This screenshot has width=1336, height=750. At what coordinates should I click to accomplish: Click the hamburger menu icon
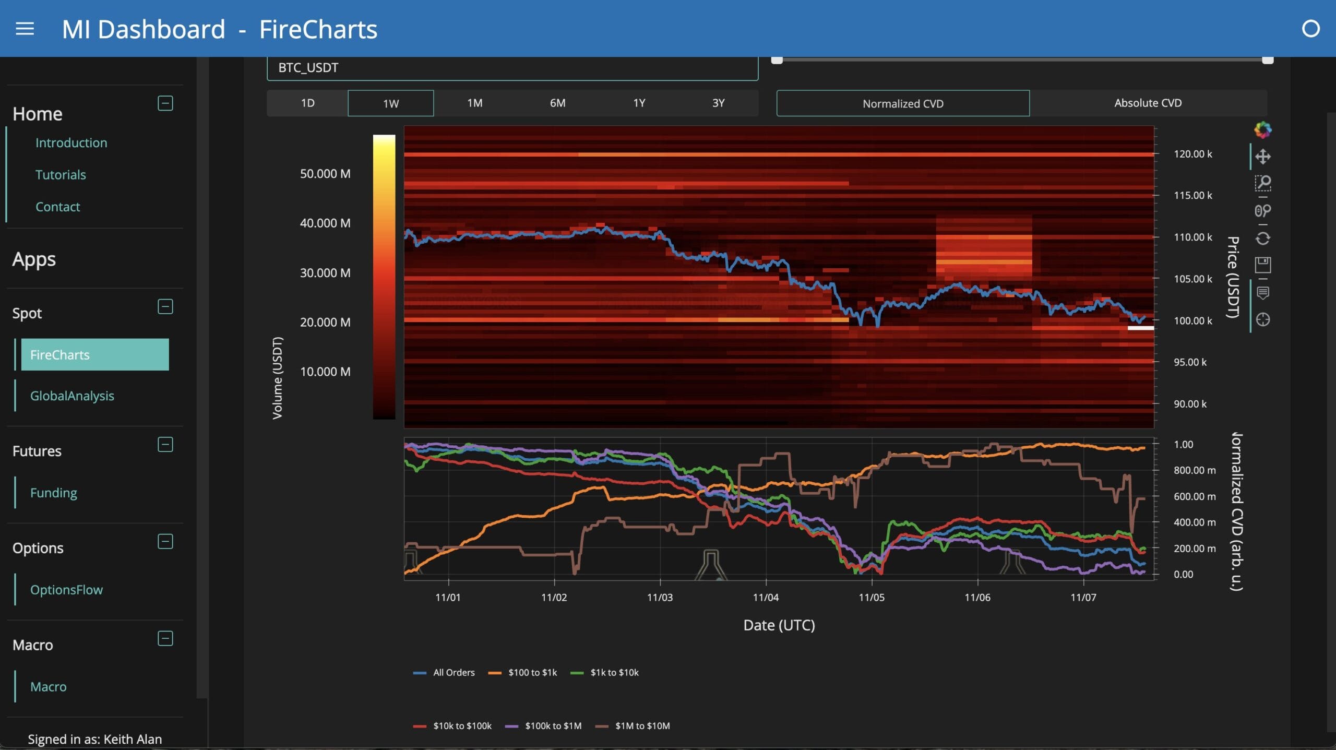25,29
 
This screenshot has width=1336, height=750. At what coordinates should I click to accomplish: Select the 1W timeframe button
390,103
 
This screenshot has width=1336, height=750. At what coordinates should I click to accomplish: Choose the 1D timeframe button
307,103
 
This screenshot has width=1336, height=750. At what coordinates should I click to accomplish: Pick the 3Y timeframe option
718,103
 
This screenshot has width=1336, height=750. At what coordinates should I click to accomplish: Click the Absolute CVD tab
1148,103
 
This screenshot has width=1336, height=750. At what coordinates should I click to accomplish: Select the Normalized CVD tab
902,103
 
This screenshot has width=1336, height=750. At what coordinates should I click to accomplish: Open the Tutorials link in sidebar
61,174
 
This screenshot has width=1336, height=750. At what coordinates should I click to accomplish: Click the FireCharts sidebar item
94,354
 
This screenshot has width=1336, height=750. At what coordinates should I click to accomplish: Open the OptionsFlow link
66,589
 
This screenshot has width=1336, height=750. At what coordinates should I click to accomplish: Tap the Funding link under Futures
53,492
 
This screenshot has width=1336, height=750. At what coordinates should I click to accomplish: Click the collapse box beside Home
165,103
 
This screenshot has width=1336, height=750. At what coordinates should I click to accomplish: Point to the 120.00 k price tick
1192,154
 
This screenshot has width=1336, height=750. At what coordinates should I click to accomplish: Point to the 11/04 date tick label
765,597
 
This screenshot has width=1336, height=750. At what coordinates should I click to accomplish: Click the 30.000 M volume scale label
325,272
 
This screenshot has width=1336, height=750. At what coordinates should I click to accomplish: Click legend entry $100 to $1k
532,672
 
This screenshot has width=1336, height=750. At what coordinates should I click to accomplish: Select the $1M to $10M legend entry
642,725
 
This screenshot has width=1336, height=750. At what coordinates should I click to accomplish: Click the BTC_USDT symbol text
308,68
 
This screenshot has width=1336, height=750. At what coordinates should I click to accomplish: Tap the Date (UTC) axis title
779,625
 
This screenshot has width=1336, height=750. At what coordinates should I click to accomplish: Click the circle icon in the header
1310,29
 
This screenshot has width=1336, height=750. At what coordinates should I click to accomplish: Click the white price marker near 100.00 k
1140,328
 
